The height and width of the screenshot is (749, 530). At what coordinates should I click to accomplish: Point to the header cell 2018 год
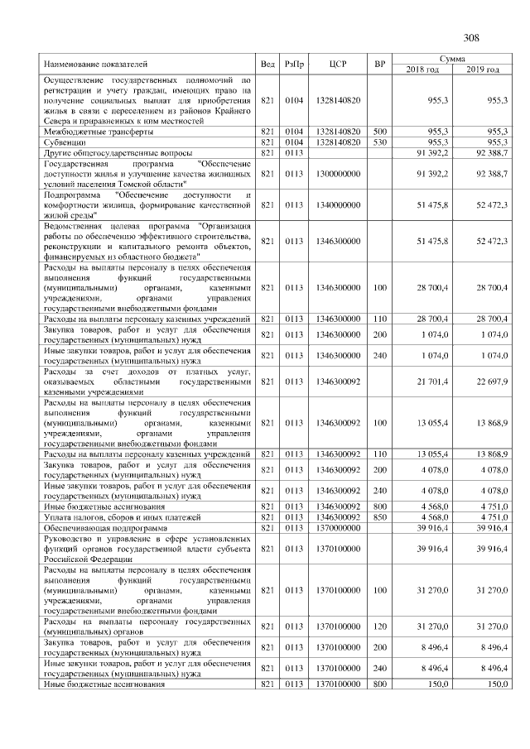click(422, 70)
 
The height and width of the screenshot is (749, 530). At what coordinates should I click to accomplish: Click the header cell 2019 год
click(482, 70)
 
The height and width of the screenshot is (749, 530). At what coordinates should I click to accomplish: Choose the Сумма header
click(452, 59)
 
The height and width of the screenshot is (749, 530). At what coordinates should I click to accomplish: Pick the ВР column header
click(380, 64)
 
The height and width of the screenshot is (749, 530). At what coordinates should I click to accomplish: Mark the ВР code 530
click(380, 142)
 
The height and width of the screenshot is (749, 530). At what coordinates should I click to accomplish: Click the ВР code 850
click(380, 516)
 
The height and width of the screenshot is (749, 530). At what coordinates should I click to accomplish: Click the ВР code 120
click(380, 627)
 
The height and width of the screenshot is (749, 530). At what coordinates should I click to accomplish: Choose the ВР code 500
click(380, 132)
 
